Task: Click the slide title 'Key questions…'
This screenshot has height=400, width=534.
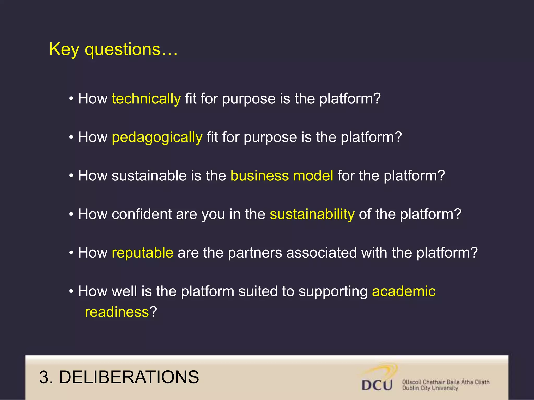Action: tap(113, 49)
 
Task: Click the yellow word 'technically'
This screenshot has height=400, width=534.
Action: tap(146, 99)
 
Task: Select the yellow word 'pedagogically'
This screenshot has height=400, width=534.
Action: tap(157, 137)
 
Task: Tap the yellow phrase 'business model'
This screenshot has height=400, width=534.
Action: tap(282, 176)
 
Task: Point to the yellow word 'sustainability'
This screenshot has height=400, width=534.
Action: tap(312, 214)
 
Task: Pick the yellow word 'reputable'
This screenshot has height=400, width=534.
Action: tap(142, 253)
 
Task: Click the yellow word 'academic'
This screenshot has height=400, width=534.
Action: tap(404, 291)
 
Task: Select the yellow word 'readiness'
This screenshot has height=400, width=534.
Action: tap(117, 312)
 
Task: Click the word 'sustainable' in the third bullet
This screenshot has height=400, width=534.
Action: tap(149, 176)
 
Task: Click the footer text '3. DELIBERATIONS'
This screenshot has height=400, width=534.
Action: tap(119, 377)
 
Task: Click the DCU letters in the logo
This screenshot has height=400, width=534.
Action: tap(377, 385)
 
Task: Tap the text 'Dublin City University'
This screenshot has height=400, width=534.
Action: tap(430, 388)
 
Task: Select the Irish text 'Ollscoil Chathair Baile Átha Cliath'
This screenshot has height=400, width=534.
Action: tap(446, 382)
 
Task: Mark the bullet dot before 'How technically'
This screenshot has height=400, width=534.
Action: tap(71, 99)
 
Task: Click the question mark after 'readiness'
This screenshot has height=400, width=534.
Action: tap(153, 312)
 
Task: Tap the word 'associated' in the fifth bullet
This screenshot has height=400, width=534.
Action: tap(321, 253)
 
